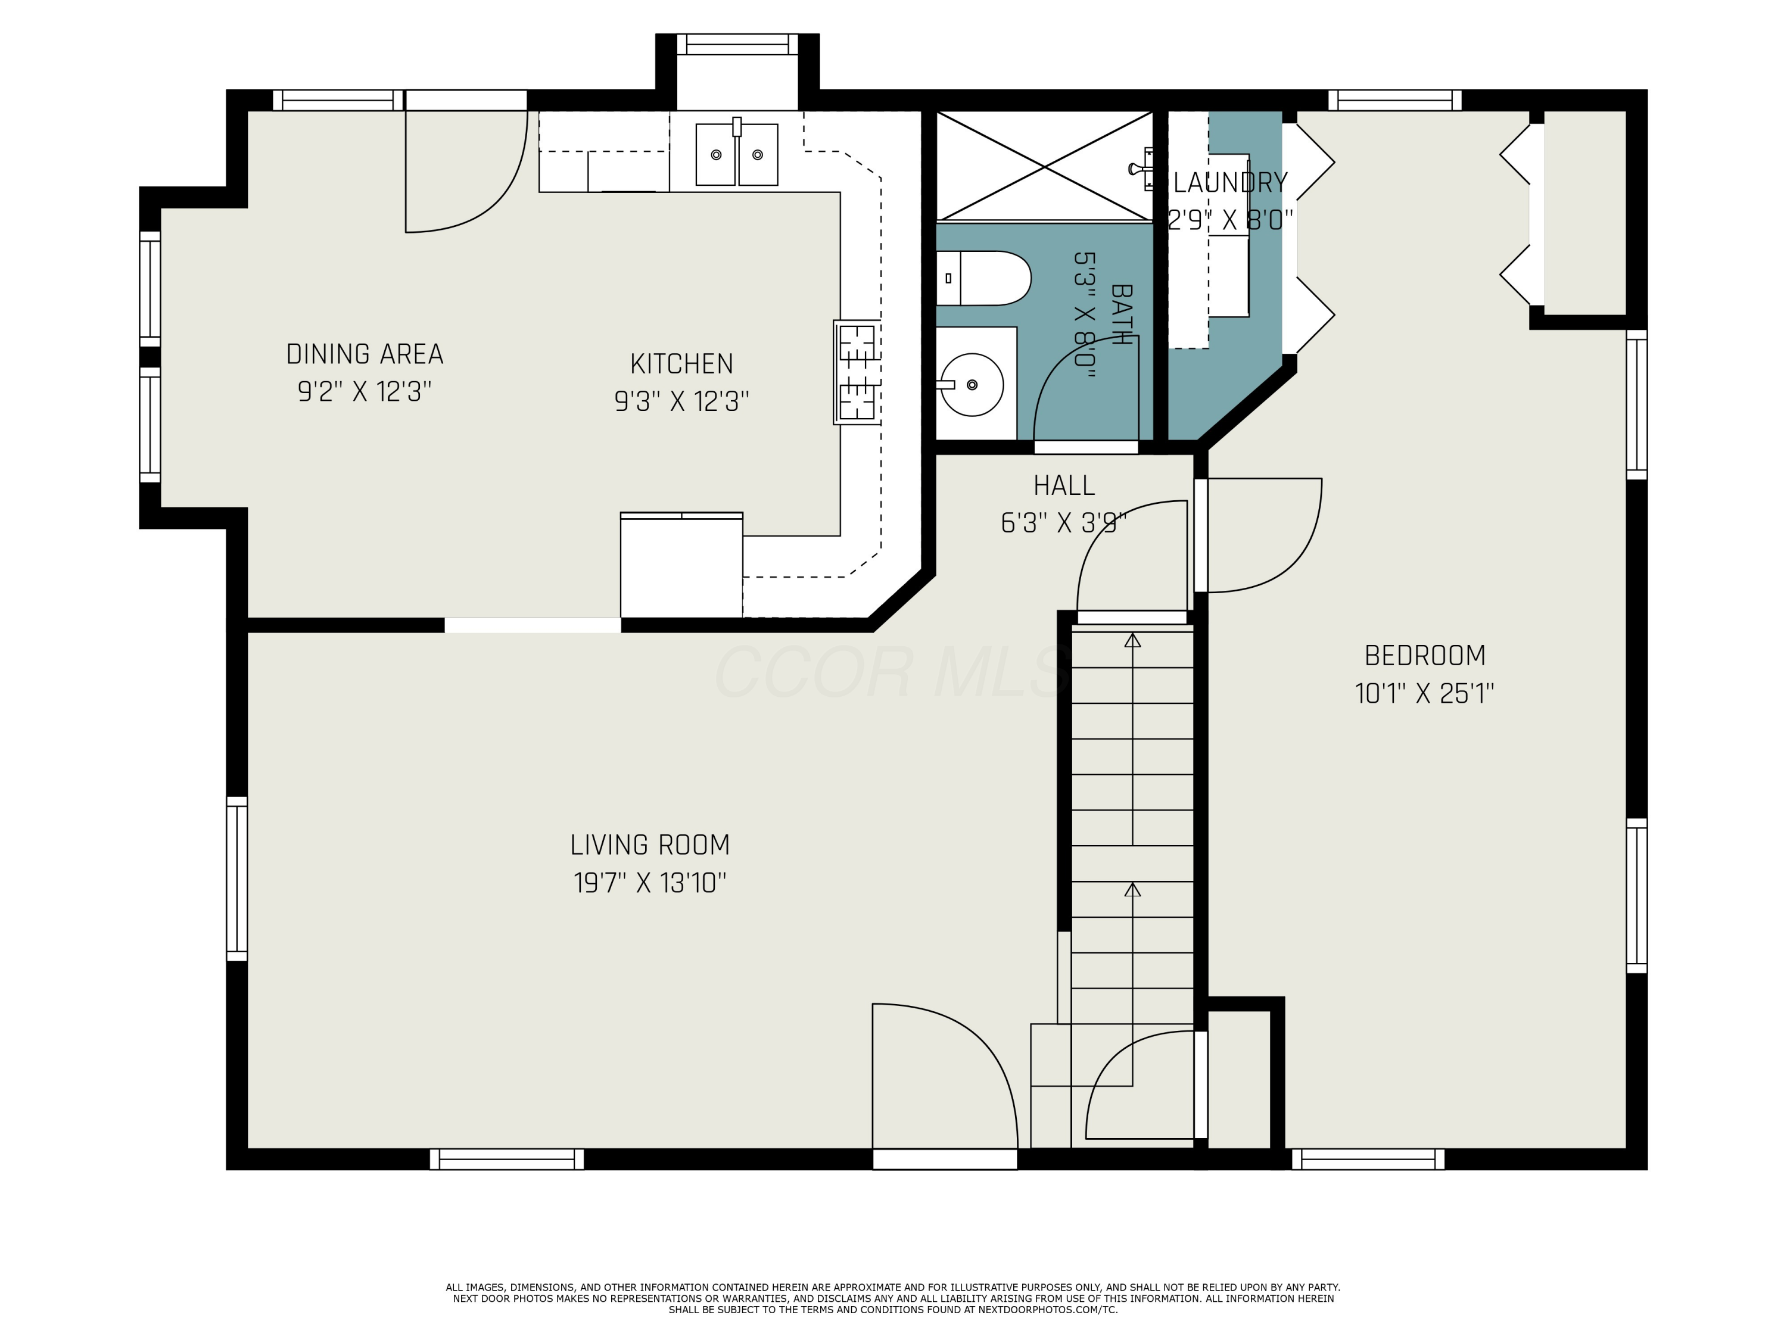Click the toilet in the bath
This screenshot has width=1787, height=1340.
[984, 278]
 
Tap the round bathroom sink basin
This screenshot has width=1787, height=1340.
[972, 385]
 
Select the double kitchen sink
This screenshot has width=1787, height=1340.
[736, 154]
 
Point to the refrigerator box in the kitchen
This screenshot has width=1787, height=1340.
[681, 565]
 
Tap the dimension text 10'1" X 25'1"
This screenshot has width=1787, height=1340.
[1424, 694]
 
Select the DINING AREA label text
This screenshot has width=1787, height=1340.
[365, 354]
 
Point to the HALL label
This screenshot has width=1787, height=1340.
[1064, 485]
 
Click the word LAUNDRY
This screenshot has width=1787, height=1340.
[1229, 183]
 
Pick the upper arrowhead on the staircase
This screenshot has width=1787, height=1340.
[1132, 640]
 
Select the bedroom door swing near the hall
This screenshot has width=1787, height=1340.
[1260, 533]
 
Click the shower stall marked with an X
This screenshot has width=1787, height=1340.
[1045, 166]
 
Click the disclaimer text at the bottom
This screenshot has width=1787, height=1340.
[893, 1299]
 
